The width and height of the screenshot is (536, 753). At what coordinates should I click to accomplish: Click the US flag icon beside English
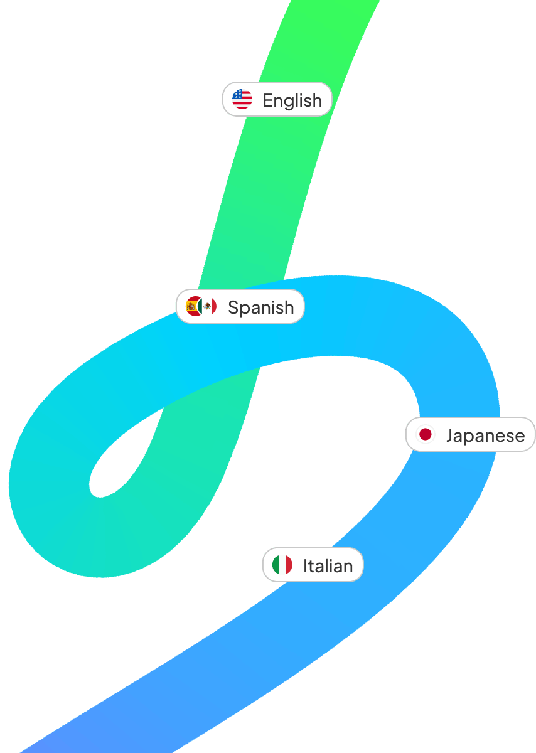pyautogui.click(x=242, y=99)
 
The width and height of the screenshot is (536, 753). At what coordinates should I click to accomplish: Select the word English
pyautogui.click(x=292, y=100)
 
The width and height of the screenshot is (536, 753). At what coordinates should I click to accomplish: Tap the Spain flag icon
pyautogui.click(x=193, y=306)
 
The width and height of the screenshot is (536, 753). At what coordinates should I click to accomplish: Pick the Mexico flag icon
pyautogui.click(x=208, y=306)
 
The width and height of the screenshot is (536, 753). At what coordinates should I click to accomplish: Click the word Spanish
pyautogui.click(x=260, y=307)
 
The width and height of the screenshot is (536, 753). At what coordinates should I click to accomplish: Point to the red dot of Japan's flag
pyautogui.click(x=426, y=434)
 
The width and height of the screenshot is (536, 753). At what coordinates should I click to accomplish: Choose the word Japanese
pyautogui.click(x=485, y=435)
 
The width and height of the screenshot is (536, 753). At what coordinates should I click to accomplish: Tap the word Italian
pyautogui.click(x=328, y=566)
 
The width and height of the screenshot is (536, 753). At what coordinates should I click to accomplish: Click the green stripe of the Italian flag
pyautogui.click(x=276, y=565)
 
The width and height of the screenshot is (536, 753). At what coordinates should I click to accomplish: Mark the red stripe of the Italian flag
pyautogui.click(x=289, y=565)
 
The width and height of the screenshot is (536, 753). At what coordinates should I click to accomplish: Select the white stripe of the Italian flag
pyautogui.click(x=282, y=565)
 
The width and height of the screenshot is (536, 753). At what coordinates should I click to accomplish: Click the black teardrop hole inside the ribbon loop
pyautogui.click(x=119, y=464)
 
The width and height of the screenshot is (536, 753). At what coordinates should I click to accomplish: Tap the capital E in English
pyautogui.click(x=267, y=100)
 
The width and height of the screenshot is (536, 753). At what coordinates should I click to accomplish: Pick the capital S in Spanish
pyautogui.click(x=233, y=307)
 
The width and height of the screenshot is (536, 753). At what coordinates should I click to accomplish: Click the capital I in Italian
pyautogui.click(x=306, y=566)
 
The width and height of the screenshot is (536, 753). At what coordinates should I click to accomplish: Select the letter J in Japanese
pyautogui.click(x=450, y=435)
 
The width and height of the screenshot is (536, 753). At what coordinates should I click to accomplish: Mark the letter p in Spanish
pyautogui.click(x=245, y=310)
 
